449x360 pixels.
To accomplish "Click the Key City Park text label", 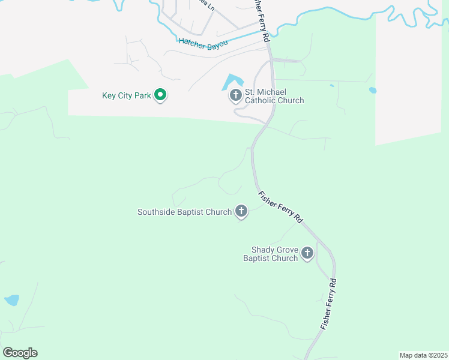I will click(126, 95).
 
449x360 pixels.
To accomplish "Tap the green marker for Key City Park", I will click(160, 95).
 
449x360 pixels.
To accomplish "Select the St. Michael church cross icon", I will click(235, 95).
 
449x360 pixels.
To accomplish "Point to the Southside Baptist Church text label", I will click(184, 212).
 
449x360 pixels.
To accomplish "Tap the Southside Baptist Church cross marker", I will click(241, 211).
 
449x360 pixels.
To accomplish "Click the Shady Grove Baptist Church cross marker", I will click(307, 253).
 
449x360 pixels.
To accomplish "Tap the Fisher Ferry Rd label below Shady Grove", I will click(328, 304).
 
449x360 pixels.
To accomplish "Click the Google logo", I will click(20, 353).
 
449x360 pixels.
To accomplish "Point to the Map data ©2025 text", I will click(424, 355).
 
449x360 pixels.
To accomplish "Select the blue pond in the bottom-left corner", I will click(11, 300).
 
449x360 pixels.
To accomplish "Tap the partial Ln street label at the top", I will click(208, 5).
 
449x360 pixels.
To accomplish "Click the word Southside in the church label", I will click(156, 212).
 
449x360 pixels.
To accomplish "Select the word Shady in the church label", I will click(263, 250).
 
